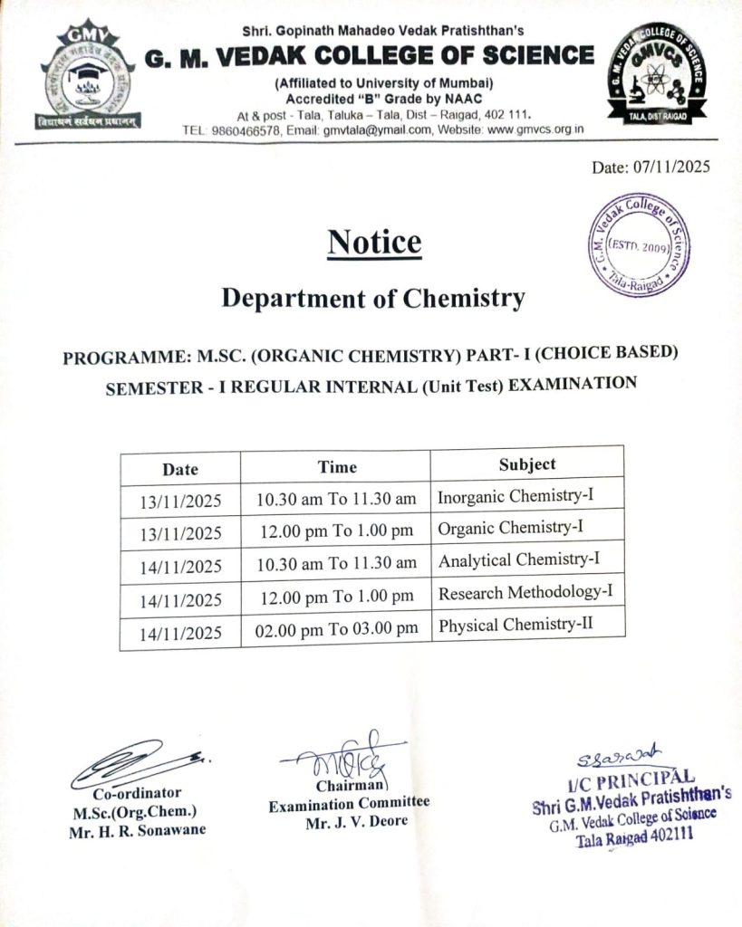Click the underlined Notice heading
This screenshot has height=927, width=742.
point(374,243)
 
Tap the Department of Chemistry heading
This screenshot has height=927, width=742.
point(373,298)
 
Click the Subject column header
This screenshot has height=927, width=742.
point(527,463)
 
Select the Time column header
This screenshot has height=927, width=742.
point(337,467)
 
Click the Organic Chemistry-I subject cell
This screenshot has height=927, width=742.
point(510,527)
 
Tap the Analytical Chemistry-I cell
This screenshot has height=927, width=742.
point(519,560)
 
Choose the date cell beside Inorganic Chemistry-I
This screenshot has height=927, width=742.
point(181,501)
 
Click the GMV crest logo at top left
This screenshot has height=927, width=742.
point(86,76)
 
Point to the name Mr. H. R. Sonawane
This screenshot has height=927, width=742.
point(137,830)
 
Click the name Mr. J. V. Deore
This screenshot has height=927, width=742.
point(356,822)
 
